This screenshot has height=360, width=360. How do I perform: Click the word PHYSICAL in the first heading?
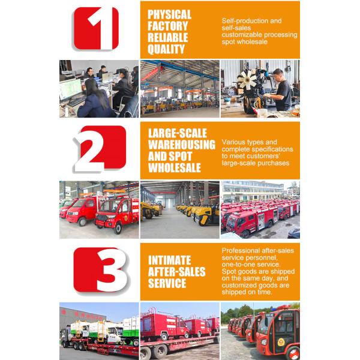pyautogui.click(x=169, y=14)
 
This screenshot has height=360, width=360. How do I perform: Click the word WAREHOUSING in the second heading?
pyautogui.click(x=181, y=145)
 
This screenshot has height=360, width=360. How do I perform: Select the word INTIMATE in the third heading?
pyautogui.click(x=169, y=260)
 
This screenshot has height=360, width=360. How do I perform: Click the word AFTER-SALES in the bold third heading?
pyautogui.click(x=178, y=272)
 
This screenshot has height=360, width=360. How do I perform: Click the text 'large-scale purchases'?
pyautogui.click(x=255, y=163)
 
